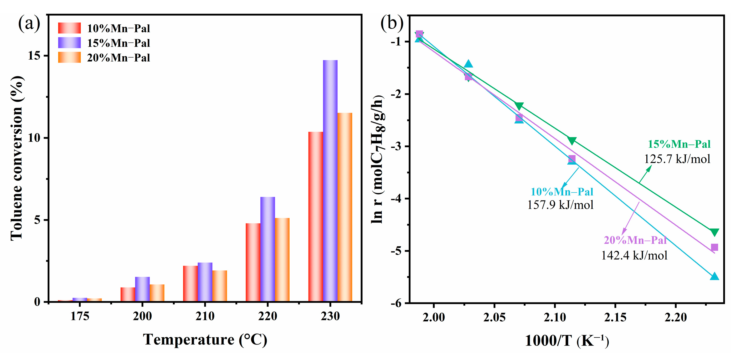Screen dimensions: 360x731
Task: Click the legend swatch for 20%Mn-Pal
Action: click(69, 57)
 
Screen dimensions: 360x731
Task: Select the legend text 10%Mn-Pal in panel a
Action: click(118, 28)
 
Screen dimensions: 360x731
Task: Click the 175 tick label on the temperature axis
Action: click(80, 316)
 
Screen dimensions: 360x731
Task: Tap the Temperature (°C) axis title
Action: click(205, 340)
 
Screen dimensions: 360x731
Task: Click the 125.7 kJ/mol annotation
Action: click(677, 159)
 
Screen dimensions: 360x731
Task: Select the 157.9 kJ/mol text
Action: click(560, 205)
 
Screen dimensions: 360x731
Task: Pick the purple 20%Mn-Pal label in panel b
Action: click(635, 240)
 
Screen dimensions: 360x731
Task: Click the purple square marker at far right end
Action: click(714, 247)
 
